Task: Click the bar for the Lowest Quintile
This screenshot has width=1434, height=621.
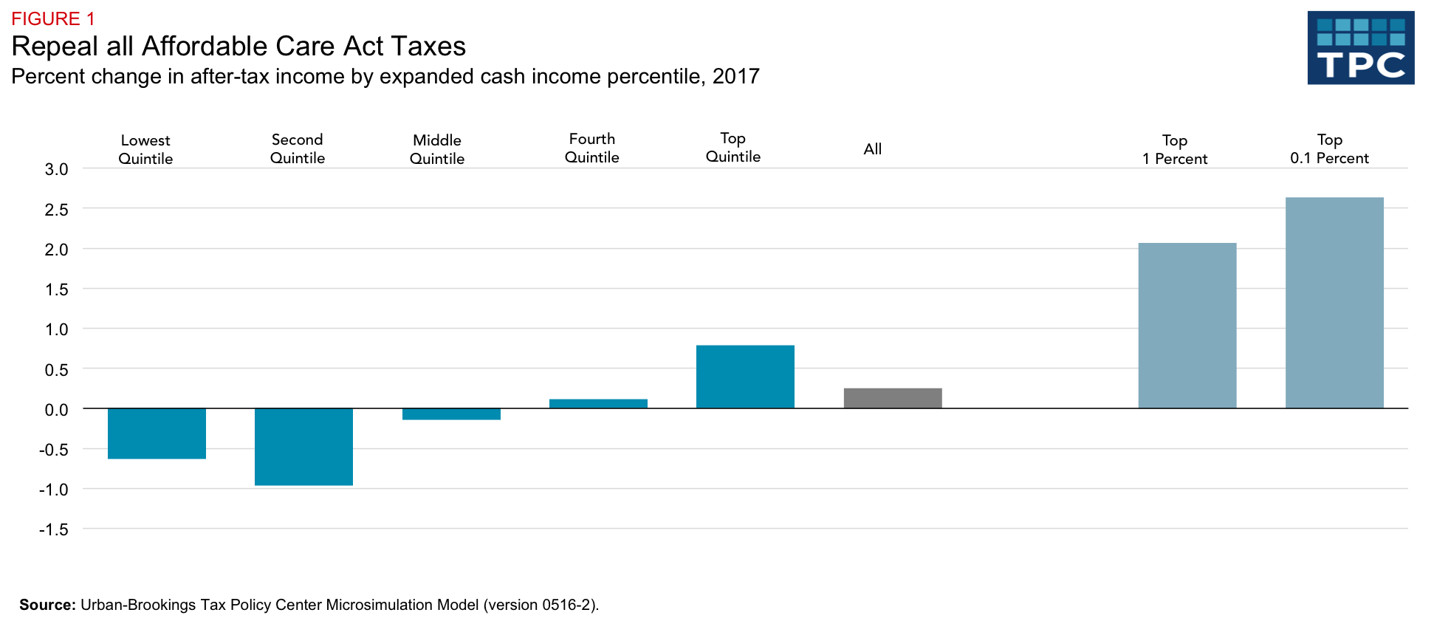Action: pyautogui.click(x=157, y=433)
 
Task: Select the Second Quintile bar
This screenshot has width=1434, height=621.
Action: pyautogui.click(x=303, y=447)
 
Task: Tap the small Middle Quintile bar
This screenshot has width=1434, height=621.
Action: pyautogui.click(x=451, y=414)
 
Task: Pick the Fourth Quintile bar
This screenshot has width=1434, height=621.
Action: pyautogui.click(x=598, y=404)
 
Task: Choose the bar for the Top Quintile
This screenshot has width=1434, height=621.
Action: pyautogui.click(x=745, y=377)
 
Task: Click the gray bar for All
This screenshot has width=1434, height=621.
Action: pyautogui.click(x=893, y=398)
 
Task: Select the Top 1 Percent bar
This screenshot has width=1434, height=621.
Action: pyautogui.click(x=1187, y=326)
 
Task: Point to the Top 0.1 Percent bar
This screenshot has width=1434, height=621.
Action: pyautogui.click(x=1334, y=303)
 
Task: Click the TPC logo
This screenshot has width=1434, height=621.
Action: pyautogui.click(x=1360, y=48)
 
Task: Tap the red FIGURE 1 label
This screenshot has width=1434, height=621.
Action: pyautogui.click(x=53, y=18)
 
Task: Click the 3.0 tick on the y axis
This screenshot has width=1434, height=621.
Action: pyautogui.click(x=56, y=169)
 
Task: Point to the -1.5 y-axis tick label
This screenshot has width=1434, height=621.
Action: pyautogui.click(x=54, y=529)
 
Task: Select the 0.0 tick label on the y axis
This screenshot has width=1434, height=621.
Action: pyautogui.click(x=56, y=410)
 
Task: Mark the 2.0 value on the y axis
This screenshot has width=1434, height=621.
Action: pyautogui.click(x=56, y=250)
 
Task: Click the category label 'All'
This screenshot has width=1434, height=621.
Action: pyautogui.click(x=872, y=149)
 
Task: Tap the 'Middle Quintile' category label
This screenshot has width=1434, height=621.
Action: pyautogui.click(x=437, y=149)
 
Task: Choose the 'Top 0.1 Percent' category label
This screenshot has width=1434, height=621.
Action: pyautogui.click(x=1329, y=148)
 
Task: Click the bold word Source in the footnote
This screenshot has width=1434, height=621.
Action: pyautogui.click(x=47, y=605)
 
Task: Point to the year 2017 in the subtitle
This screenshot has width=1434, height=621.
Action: pyautogui.click(x=735, y=77)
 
